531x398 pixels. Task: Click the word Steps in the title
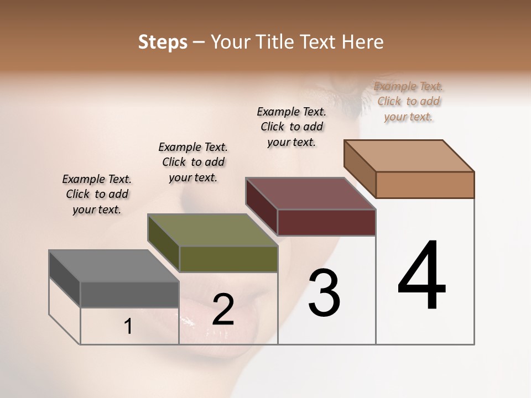(x=163, y=42)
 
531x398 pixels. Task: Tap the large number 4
(x=421, y=276)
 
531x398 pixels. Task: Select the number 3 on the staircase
(x=324, y=293)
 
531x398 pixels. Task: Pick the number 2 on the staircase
(x=223, y=310)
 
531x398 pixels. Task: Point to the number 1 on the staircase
(x=128, y=327)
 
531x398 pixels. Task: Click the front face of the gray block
(x=129, y=295)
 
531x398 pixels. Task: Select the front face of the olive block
(x=228, y=259)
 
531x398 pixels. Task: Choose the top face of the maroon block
(x=310, y=193)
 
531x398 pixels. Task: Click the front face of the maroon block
(x=326, y=223)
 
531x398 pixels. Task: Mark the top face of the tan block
(x=409, y=156)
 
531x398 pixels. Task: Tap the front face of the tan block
(x=425, y=185)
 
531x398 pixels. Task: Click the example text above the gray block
(x=97, y=194)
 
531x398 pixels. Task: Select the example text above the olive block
(x=193, y=162)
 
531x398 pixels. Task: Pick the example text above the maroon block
(x=291, y=127)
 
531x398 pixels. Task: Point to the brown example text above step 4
(x=408, y=101)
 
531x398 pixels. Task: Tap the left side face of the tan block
(x=360, y=169)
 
